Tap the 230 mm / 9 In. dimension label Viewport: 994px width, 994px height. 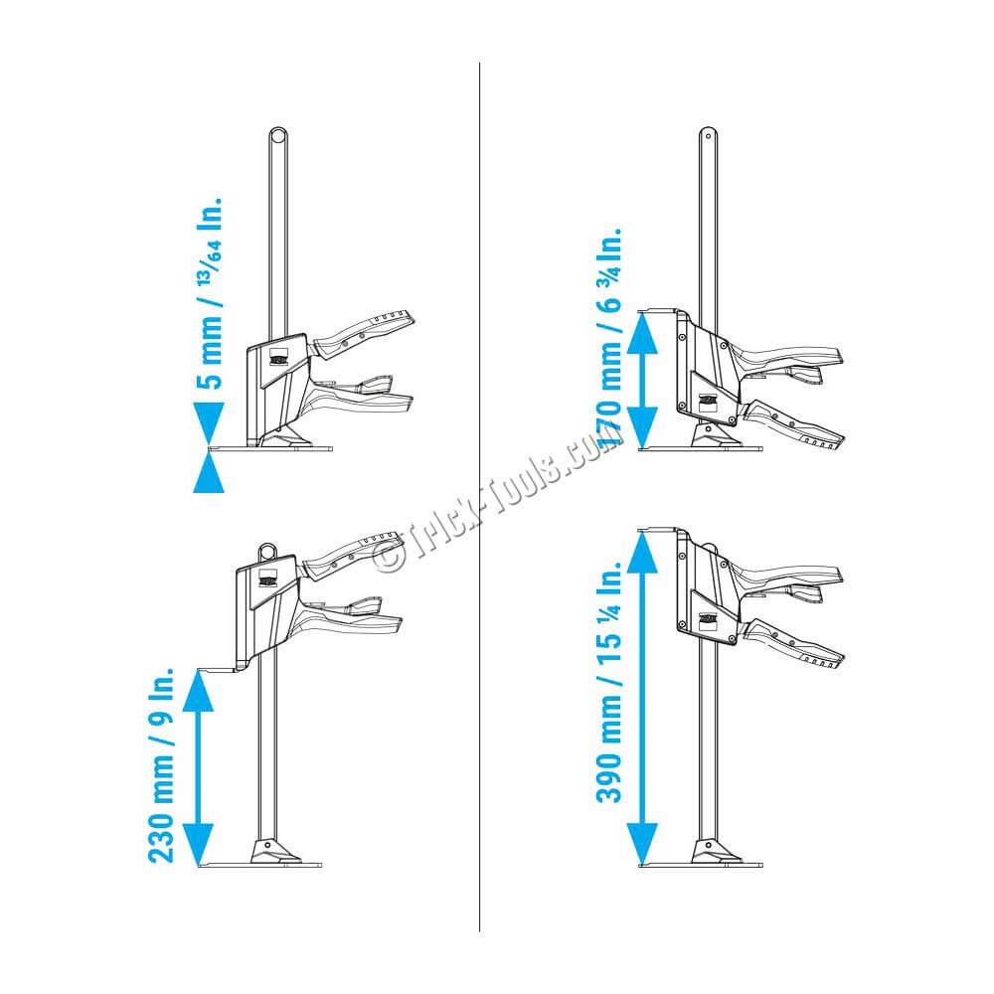(x=162, y=764)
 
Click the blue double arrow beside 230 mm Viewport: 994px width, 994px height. (x=198, y=767)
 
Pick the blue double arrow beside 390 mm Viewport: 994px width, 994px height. (x=643, y=698)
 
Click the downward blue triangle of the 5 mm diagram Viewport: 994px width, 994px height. (x=209, y=422)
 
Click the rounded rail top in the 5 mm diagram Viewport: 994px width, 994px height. (x=277, y=136)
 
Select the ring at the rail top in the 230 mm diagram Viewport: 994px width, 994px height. (x=267, y=551)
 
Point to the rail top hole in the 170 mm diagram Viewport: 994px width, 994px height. (x=708, y=135)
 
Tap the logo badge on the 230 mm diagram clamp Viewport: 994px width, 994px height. (x=268, y=579)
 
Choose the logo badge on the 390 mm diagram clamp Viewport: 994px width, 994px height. (x=708, y=621)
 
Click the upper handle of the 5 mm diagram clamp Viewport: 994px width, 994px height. (x=364, y=333)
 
